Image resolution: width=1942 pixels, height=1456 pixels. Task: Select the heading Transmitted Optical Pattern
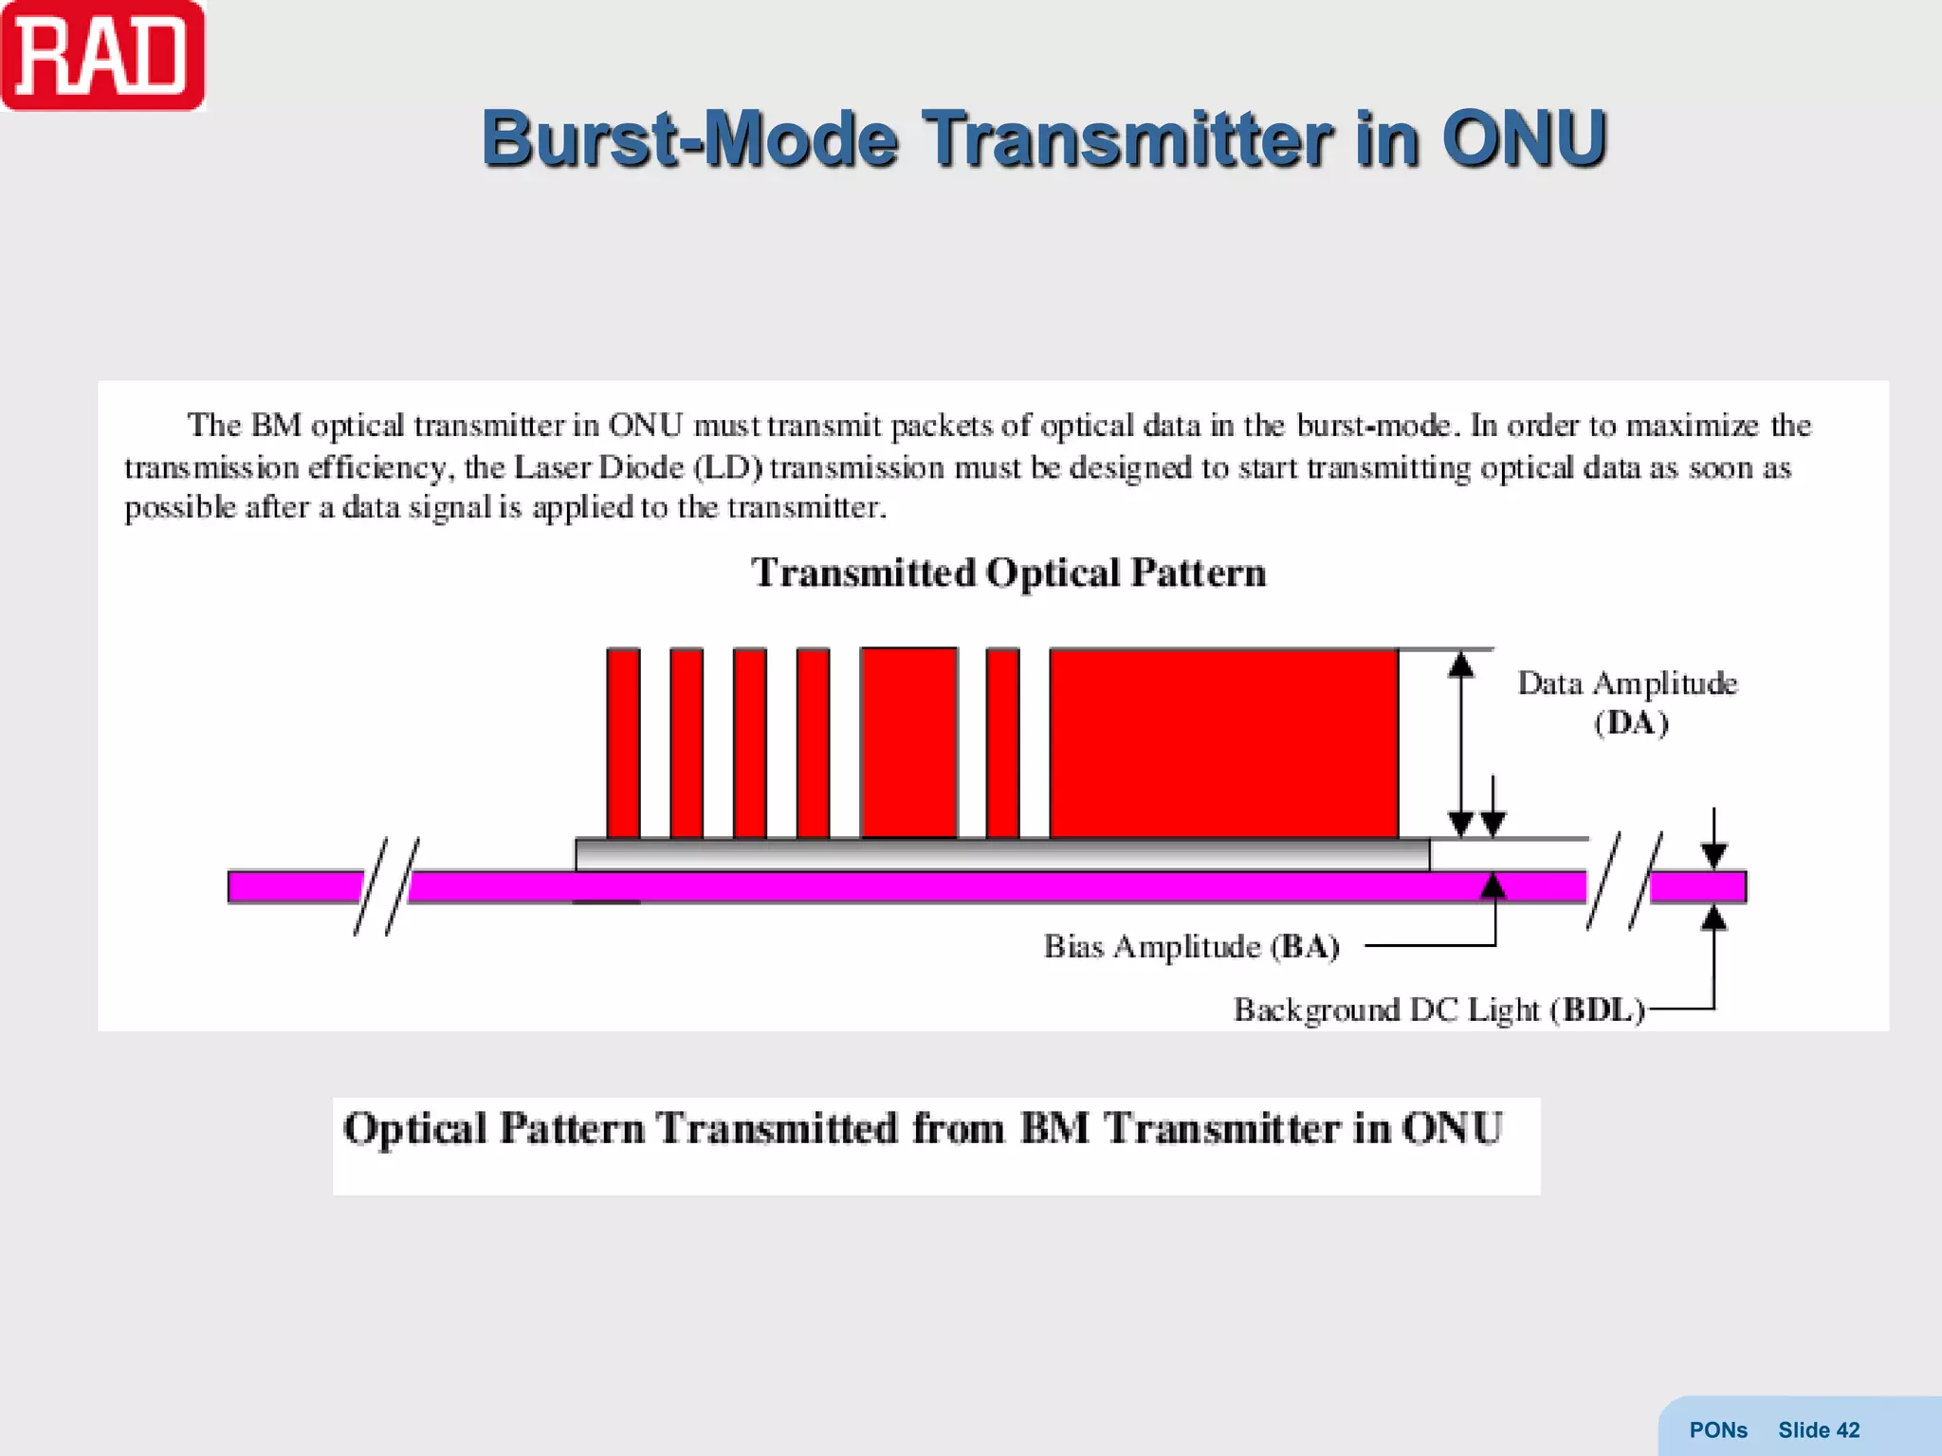(x=1008, y=573)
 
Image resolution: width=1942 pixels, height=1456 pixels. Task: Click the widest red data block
(x=1223, y=743)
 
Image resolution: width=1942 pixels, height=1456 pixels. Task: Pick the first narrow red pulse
(x=623, y=743)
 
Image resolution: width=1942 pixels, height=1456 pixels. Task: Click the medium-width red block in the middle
(x=908, y=743)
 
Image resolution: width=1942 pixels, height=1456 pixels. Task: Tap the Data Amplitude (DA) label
(x=1627, y=702)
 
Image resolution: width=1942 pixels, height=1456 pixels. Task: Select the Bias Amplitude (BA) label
(x=1191, y=946)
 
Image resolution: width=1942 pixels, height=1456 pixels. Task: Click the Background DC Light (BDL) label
(x=1438, y=1010)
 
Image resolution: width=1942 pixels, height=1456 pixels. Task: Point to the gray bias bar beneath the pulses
(x=1001, y=855)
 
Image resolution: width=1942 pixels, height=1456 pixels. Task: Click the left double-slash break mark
(x=386, y=886)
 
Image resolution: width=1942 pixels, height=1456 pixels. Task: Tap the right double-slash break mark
(x=1623, y=881)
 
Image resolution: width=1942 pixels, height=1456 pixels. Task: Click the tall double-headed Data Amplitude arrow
(x=1461, y=743)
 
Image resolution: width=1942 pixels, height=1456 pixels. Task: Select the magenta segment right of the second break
(x=1697, y=886)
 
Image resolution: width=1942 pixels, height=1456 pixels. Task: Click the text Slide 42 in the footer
(x=1818, y=1429)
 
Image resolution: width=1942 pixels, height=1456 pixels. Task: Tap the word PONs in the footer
(x=1717, y=1429)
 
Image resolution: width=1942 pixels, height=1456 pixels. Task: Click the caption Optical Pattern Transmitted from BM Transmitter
(x=922, y=1128)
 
